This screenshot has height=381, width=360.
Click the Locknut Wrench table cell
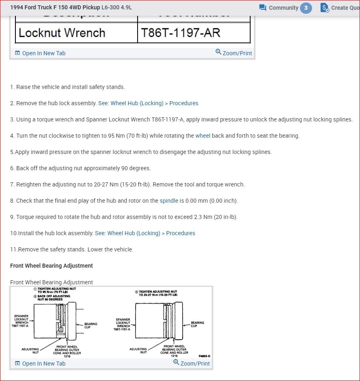[62, 33]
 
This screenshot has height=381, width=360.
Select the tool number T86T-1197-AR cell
[180, 33]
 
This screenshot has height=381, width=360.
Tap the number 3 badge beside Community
[306, 8]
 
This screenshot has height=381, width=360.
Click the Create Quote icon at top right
[325, 8]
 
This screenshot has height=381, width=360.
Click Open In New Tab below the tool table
[40, 53]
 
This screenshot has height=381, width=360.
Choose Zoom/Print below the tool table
[234, 53]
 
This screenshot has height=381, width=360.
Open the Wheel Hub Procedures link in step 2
[148, 103]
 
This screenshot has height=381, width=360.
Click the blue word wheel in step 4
[203, 136]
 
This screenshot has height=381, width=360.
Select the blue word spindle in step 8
[169, 201]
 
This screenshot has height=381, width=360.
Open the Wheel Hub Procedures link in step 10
[145, 233]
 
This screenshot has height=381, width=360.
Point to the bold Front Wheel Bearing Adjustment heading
[52, 266]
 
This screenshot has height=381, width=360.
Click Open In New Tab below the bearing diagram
[40, 364]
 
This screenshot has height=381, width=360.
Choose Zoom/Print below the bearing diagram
[192, 363]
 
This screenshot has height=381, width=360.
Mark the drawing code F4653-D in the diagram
[204, 356]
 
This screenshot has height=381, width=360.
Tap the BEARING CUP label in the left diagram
[91, 325]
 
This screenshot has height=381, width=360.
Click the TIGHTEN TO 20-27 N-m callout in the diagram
[157, 293]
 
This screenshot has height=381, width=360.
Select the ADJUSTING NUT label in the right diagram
[138, 351]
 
